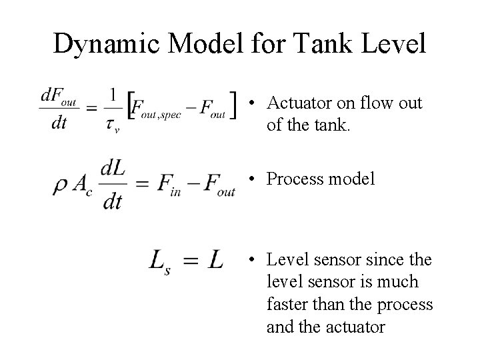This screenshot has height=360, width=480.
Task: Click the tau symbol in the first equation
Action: (113, 124)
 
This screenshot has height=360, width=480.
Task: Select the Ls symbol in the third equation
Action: (160, 260)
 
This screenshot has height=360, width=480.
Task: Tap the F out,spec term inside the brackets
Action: (155, 108)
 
